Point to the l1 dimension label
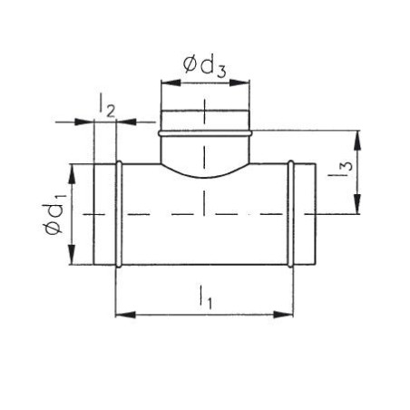click(205, 298)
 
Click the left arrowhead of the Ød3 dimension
click(171, 83)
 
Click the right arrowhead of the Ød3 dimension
click(239, 83)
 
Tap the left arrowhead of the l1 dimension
click(125, 315)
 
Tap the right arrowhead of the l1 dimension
click(283, 315)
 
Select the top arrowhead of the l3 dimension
click(357, 141)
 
